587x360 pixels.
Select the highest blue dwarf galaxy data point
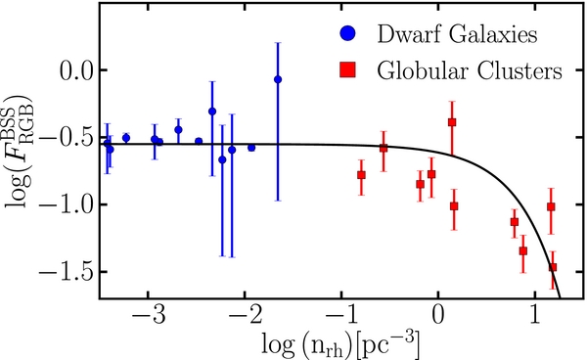coord(278,79)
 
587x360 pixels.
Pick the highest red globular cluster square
coord(452,122)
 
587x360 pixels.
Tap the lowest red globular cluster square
coord(553,267)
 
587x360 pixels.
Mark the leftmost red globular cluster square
coord(362,175)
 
